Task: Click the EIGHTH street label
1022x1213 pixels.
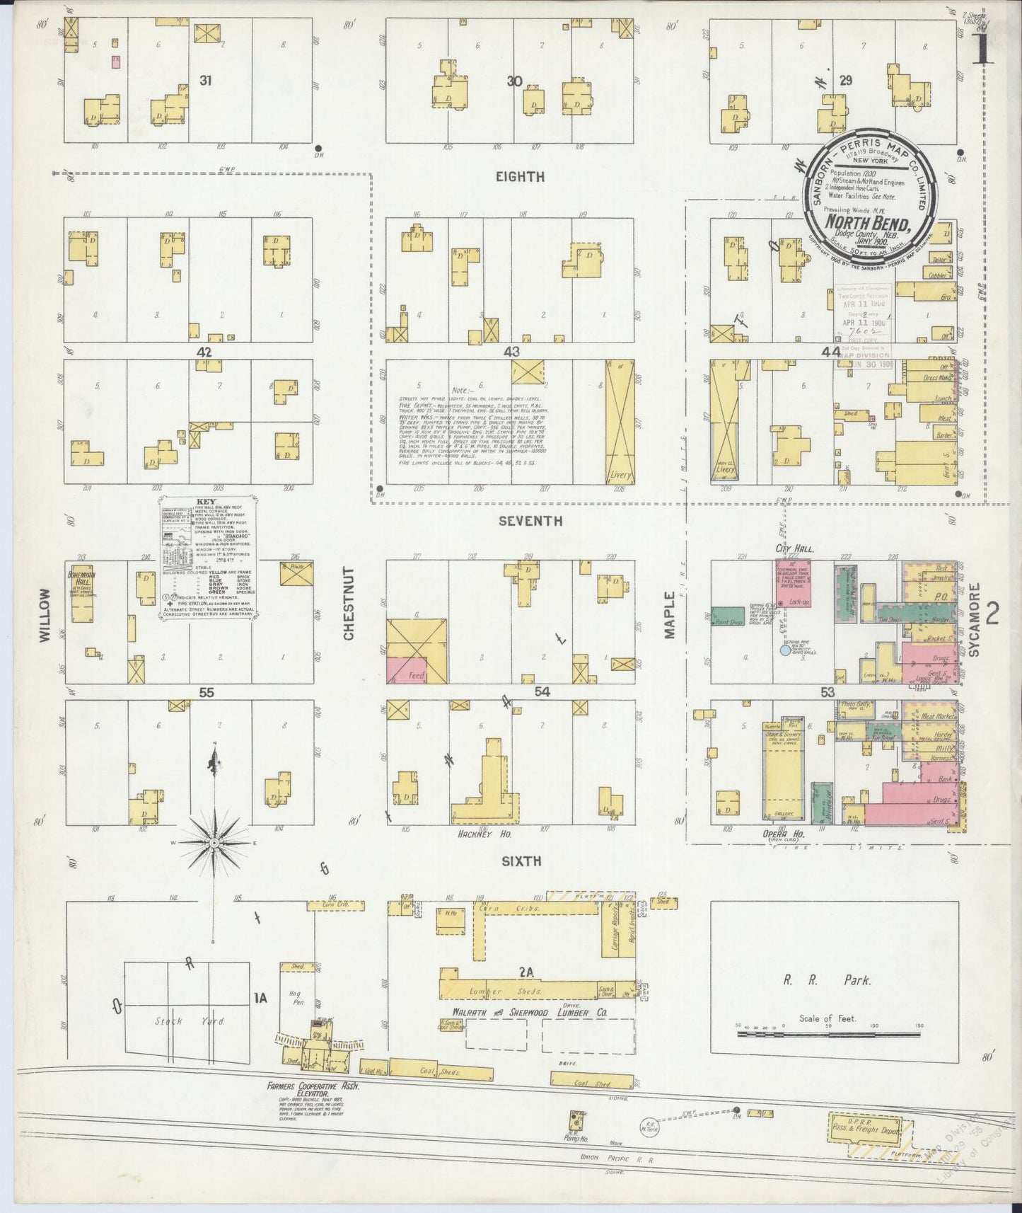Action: click(x=520, y=177)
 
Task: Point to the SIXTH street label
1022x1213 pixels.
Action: click(x=521, y=861)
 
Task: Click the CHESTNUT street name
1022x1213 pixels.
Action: click(x=349, y=614)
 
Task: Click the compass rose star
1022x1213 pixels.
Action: click(x=214, y=843)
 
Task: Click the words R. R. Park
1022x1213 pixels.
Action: click(x=827, y=981)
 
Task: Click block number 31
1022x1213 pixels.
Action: click(x=205, y=81)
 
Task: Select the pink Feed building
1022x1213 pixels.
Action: click(x=416, y=669)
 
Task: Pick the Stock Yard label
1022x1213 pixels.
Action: click(x=170, y=1021)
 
